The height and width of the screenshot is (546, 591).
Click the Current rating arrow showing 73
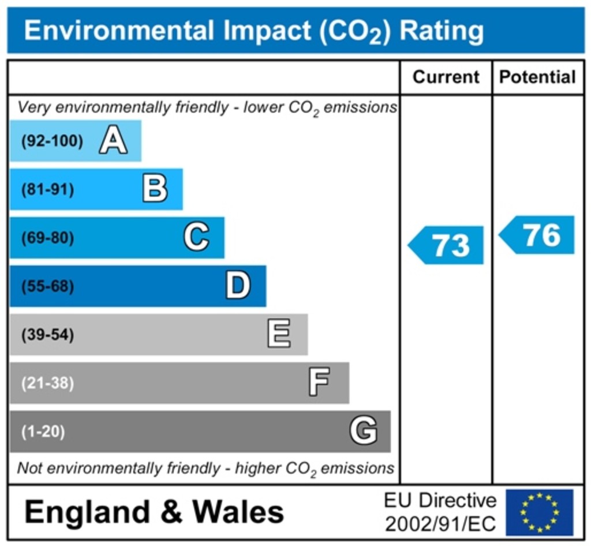point(447,245)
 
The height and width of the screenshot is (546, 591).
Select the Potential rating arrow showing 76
point(537,235)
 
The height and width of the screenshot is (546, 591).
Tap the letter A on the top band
point(113,141)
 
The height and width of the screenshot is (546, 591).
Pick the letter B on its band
point(155,189)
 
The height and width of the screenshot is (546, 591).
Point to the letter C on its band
point(196,237)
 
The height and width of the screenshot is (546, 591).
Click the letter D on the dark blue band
point(238,286)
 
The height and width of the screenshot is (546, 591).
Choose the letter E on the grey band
point(279,334)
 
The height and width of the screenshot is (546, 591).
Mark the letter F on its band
point(319,382)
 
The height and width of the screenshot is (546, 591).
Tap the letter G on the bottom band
point(364,431)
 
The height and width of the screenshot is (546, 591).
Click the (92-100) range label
point(52,141)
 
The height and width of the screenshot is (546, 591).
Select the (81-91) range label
point(47,189)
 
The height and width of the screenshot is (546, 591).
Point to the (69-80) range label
point(47,238)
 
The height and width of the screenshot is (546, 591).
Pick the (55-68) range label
point(47,286)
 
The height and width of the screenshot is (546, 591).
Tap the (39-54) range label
point(47,335)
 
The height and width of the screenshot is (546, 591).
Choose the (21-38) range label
point(47,383)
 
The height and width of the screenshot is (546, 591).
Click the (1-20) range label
point(43,431)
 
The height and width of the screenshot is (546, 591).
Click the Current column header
point(446,77)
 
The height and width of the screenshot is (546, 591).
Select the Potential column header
point(537,77)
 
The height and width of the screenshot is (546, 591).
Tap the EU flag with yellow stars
point(540,512)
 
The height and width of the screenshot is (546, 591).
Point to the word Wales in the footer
point(238,512)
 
